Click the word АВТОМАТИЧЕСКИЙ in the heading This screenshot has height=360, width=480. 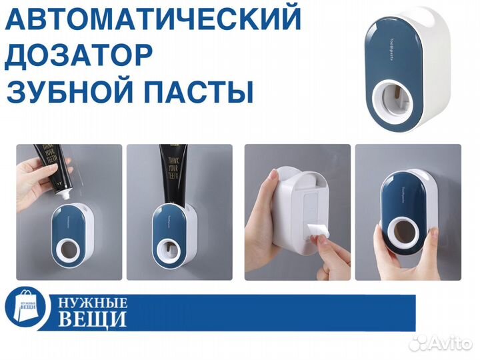point(153,20)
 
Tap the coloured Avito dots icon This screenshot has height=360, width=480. point(419,342)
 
